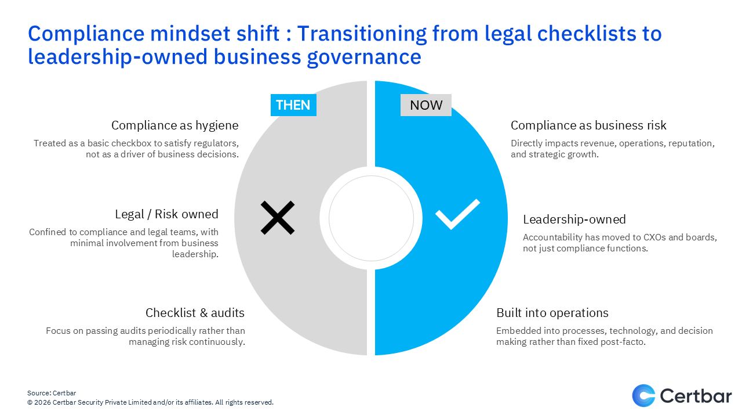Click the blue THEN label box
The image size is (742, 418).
(x=293, y=105)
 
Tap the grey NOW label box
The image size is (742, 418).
(x=426, y=105)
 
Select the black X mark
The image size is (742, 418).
(x=278, y=218)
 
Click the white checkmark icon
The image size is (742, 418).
(x=457, y=214)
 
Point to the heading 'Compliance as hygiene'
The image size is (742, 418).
(x=174, y=125)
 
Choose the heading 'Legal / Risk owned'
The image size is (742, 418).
(x=166, y=214)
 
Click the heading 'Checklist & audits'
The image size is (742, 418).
(x=195, y=313)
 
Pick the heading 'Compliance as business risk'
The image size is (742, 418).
(x=588, y=125)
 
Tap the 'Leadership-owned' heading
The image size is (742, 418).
(x=574, y=219)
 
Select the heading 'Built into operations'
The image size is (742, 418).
(x=552, y=313)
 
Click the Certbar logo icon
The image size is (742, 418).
(x=643, y=395)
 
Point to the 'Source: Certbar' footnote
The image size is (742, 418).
(x=52, y=393)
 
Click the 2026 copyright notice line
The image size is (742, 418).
(x=150, y=402)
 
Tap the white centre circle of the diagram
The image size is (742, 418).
(x=371, y=218)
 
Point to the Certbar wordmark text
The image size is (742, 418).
(x=696, y=396)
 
